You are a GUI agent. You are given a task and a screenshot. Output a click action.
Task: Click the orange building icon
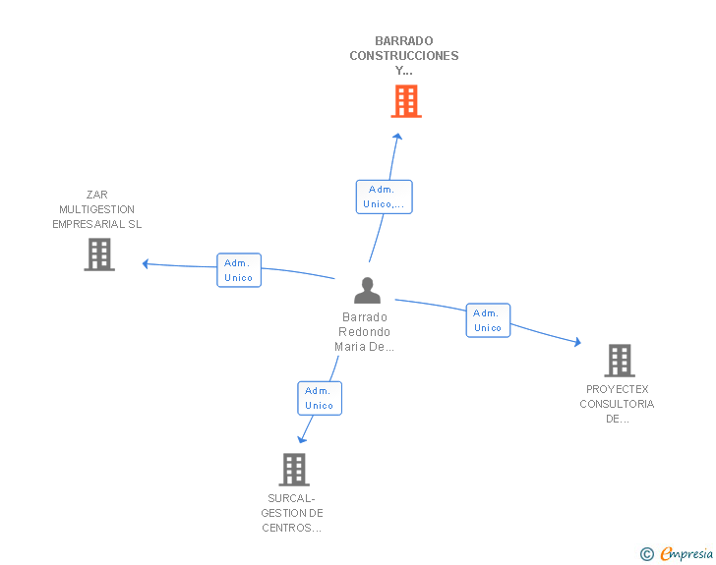pos(406,101)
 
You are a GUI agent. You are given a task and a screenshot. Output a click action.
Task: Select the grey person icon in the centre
pos(367,290)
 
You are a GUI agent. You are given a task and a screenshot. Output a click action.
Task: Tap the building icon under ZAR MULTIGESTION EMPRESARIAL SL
pos(99,254)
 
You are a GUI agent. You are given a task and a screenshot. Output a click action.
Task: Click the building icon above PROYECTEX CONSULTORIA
pos(620,361)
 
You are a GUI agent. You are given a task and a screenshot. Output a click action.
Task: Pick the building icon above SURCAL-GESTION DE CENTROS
pos(294,470)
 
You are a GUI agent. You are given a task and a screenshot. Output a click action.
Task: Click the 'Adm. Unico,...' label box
pos(384,197)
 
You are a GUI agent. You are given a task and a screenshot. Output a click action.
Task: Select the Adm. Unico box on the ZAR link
pos(239,270)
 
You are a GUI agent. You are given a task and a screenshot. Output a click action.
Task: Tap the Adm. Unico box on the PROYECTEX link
pos(488,320)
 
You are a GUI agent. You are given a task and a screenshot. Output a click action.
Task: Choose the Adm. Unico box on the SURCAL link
pos(320,398)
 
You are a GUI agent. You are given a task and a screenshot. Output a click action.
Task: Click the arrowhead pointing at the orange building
pos(397,137)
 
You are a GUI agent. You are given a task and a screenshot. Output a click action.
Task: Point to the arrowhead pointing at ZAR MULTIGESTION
pos(146,263)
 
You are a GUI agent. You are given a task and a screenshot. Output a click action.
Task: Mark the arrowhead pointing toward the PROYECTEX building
pos(577,342)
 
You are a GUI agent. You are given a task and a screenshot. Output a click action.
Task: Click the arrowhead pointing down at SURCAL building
pos(302,439)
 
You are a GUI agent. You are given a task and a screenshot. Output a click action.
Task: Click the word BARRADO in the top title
pos(404,41)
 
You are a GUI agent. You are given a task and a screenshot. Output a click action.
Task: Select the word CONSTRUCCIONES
pos(404,56)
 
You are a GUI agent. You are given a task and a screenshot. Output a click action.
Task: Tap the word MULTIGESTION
pos(96,209)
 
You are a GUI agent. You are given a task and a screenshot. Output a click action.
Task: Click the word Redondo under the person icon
pos(364,332)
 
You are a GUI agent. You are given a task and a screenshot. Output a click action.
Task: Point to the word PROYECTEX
pos(618,389)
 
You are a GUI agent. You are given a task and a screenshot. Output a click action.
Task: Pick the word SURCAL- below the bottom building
pos(291,498)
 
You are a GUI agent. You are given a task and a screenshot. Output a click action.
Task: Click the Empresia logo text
pos(686,554)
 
